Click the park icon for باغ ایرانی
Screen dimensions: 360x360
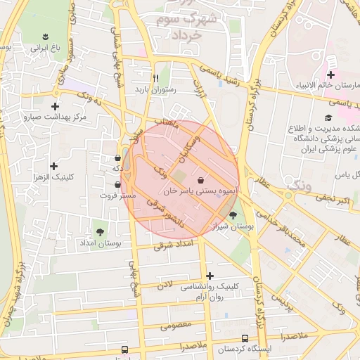point(46,37)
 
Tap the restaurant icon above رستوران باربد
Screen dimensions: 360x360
point(156,77)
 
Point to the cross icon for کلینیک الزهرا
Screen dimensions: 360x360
point(54,165)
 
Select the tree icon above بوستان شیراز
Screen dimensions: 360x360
point(233,215)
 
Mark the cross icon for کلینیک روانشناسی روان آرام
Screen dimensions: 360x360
point(210,275)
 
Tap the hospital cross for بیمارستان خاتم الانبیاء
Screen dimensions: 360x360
point(330,75)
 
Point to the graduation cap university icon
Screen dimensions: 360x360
point(328,117)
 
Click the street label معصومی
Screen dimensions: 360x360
point(175,326)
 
